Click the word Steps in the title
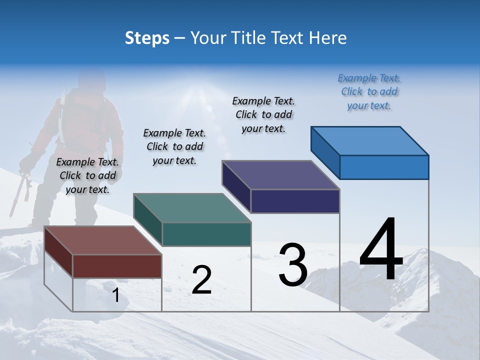point(147,38)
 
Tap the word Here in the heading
point(327,38)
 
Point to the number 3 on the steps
point(293,265)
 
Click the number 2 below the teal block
point(201,280)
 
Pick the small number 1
point(115,295)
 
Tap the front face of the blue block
point(384,167)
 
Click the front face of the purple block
point(295,201)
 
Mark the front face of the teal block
point(206,234)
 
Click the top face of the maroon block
point(103,240)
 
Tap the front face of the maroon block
point(117,266)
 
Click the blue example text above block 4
point(369,91)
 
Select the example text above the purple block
point(263,114)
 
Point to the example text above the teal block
point(174,146)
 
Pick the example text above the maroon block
point(87,175)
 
